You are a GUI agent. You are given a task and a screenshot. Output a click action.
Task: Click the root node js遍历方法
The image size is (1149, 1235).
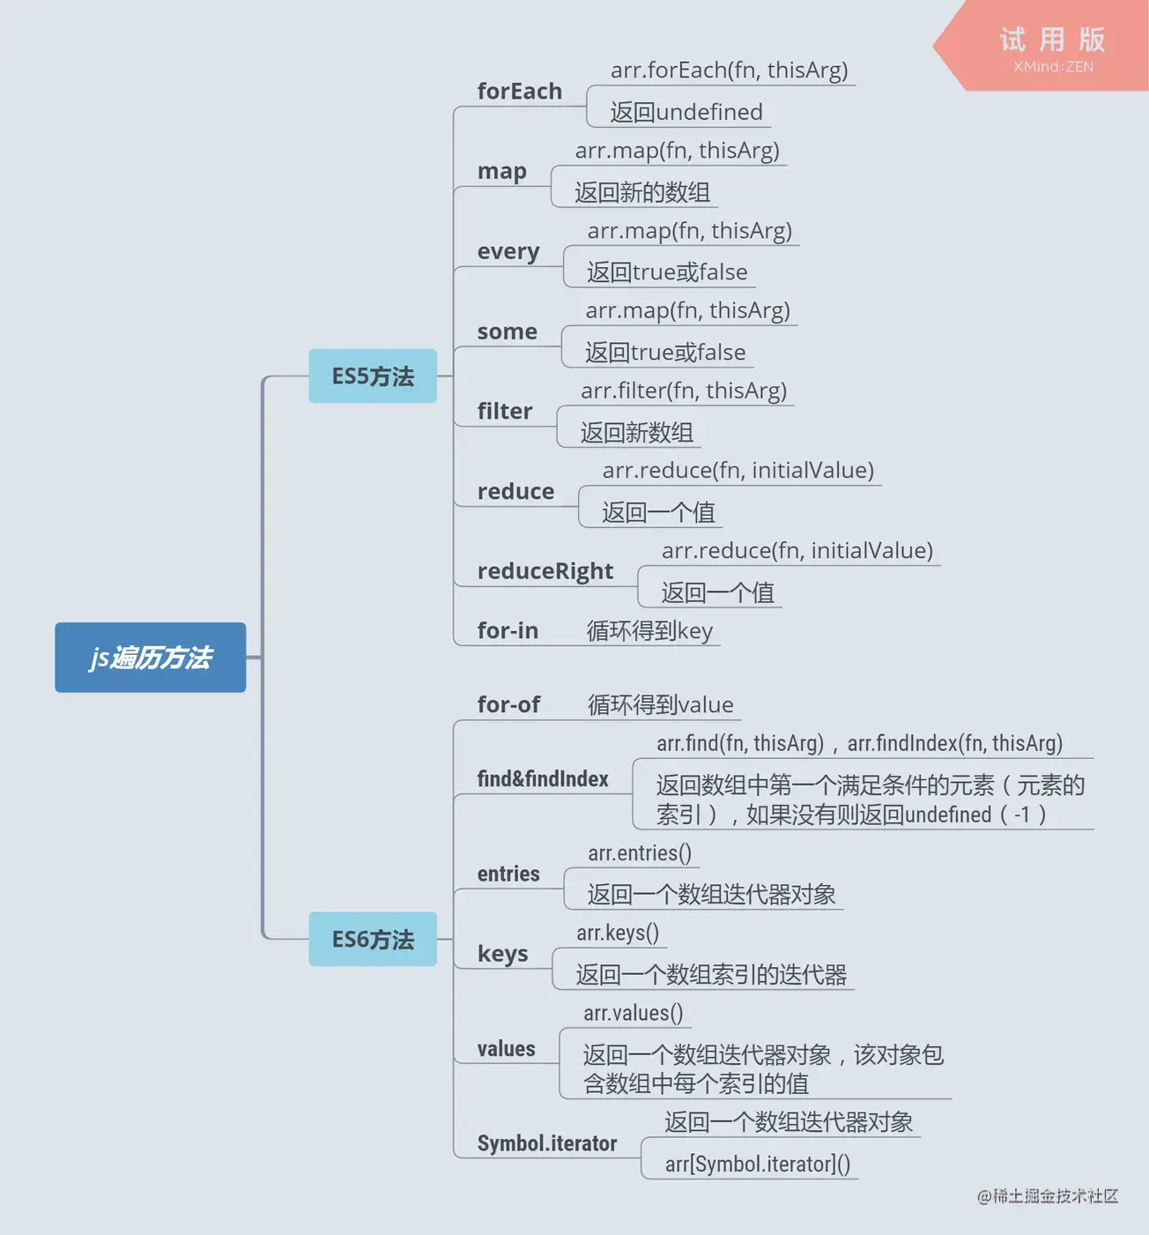[150, 658]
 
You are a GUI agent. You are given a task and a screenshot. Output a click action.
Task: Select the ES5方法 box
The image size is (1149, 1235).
[373, 376]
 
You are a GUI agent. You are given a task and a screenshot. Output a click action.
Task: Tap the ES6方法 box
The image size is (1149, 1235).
[373, 940]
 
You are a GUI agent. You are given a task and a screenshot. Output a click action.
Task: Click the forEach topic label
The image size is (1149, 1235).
[519, 91]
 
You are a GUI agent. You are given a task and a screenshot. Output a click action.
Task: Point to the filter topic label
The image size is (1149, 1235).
[505, 411]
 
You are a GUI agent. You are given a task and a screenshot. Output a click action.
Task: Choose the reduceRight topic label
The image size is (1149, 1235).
[545, 571]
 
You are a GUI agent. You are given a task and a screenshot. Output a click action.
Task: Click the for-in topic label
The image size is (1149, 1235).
[508, 630]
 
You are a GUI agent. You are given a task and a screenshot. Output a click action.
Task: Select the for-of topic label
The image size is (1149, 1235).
[508, 704]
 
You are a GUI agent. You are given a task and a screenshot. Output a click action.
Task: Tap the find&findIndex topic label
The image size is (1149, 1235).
[543, 778]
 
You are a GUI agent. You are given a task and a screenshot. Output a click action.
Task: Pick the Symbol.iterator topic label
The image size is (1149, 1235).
[547, 1143]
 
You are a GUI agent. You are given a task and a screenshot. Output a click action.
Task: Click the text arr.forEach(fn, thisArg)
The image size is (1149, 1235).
[729, 70]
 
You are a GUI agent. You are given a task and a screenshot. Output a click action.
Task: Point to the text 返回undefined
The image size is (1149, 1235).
[686, 112]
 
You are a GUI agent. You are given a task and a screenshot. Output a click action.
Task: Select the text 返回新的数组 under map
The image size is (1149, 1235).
[642, 192]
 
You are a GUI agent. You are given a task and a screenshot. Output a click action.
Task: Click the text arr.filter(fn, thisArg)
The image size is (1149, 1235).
[684, 391]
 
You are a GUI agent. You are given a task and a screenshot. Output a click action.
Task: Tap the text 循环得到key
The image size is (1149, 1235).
[649, 630]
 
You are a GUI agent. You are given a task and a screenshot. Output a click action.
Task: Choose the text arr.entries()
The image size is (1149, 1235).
[640, 853]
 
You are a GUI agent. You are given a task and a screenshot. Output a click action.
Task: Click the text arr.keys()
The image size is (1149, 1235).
[618, 933]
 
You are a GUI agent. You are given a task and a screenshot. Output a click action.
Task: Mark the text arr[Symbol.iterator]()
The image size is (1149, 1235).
[758, 1164]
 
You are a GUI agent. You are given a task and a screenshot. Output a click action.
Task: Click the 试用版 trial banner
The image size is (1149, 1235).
[1051, 47]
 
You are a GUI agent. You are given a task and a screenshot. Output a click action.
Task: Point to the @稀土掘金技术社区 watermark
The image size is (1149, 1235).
[1048, 1196]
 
